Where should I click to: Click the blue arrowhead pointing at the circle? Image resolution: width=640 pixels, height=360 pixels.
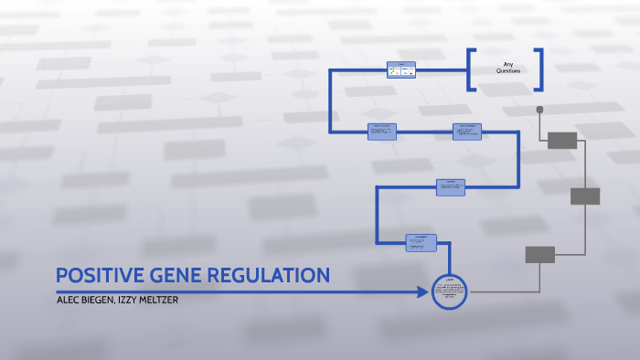point(422,292)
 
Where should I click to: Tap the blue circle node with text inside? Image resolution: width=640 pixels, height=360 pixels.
point(449,292)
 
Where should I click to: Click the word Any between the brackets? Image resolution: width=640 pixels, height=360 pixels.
point(507,64)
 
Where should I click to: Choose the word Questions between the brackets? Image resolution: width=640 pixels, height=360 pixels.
point(507,71)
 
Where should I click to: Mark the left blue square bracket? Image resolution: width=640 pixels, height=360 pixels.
point(472,69)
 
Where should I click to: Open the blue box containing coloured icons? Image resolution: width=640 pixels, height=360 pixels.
point(400,70)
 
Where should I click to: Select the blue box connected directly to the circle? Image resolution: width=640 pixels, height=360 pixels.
point(421,242)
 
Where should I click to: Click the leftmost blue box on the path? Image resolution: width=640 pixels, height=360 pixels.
point(382,132)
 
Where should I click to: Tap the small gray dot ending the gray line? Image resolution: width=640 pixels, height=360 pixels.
point(539,110)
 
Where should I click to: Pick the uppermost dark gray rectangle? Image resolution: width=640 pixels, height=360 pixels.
point(561,140)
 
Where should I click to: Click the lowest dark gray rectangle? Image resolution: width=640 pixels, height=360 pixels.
point(539,255)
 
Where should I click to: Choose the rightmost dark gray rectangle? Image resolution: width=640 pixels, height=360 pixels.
point(584,196)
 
